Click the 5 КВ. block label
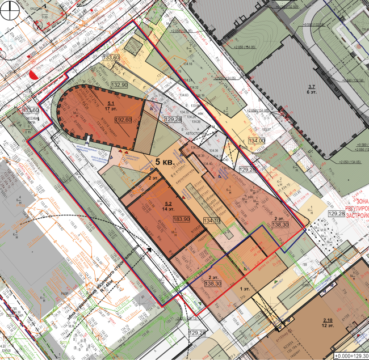[x=165, y=162]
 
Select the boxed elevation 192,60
[x=123, y=120]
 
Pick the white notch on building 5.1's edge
[x=89, y=140]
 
